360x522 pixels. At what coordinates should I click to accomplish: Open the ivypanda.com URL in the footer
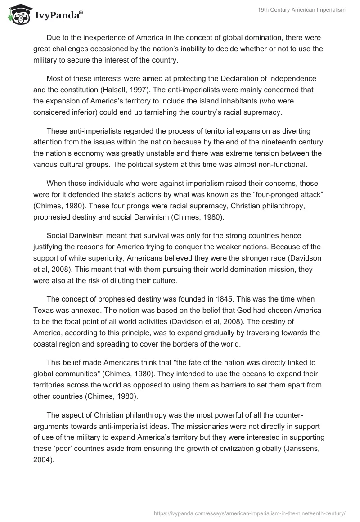click(249, 512)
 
